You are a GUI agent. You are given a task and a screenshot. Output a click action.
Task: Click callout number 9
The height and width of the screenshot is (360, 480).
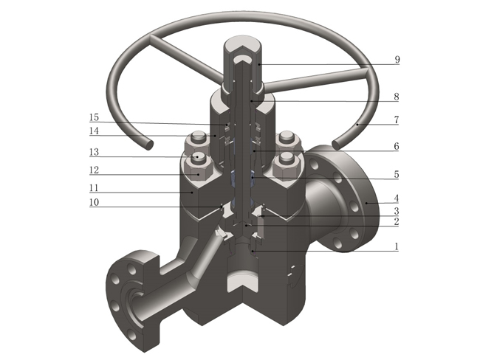397,60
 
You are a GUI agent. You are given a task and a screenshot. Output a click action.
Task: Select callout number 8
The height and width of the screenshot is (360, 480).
397,96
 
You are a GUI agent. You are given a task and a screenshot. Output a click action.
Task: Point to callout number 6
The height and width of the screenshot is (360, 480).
397,147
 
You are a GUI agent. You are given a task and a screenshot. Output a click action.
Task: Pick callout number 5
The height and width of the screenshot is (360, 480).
397,175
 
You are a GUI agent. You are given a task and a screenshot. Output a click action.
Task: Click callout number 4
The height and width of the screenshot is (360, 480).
397,198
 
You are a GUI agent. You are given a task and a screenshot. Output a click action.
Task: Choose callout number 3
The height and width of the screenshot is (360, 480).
397,211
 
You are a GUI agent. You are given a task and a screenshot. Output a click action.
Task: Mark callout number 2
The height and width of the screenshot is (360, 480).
397,221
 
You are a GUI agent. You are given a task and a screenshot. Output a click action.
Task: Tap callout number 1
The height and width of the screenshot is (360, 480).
397,246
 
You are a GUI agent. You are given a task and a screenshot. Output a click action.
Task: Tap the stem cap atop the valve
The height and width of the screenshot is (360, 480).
240,55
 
